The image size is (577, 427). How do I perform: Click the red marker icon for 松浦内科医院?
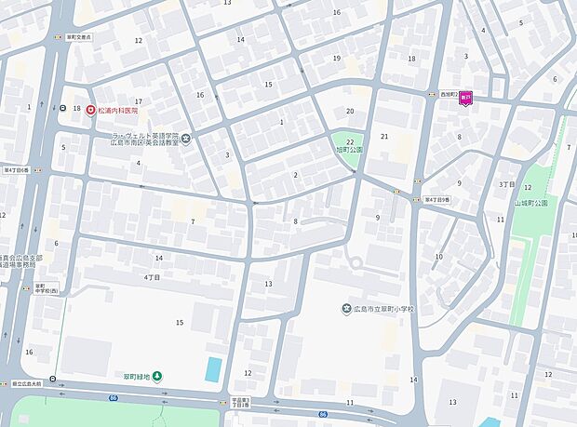click(x=90, y=110)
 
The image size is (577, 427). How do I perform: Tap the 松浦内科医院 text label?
click(x=117, y=110)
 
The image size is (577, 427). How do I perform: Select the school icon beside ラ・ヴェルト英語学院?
click(x=187, y=140)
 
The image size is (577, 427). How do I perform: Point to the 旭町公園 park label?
click(x=349, y=149)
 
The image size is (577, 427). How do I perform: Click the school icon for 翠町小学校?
click(x=345, y=310)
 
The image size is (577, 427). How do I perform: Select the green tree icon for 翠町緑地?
click(x=156, y=376)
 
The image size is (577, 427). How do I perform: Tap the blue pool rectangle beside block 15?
click(x=214, y=368)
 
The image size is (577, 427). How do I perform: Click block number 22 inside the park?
click(x=349, y=140)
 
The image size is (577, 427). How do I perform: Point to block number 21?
click(x=383, y=137)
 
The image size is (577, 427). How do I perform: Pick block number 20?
click(x=350, y=112)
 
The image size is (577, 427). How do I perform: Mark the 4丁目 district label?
click(x=153, y=277)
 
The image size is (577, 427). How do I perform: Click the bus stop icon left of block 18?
click(x=62, y=109)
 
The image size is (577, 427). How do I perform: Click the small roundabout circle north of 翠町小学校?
click(x=355, y=262)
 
